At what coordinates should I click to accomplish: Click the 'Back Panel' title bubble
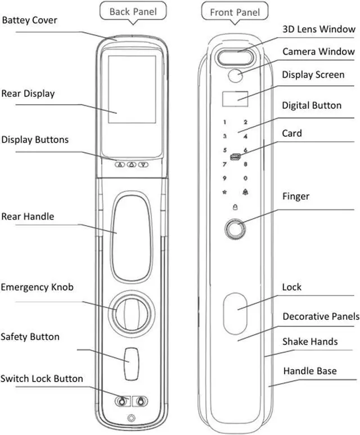click(133, 11)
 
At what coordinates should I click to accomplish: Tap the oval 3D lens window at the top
click(237, 56)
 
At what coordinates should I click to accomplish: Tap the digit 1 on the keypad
click(224, 122)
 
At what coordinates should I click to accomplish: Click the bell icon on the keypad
click(245, 192)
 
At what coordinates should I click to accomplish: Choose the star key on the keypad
click(224, 192)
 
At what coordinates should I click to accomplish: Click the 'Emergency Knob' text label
click(37, 287)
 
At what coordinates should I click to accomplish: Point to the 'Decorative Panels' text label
click(321, 316)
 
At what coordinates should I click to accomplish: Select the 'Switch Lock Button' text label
click(42, 378)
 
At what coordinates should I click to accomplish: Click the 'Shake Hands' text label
click(310, 342)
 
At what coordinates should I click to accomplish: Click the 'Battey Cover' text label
click(29, 20)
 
